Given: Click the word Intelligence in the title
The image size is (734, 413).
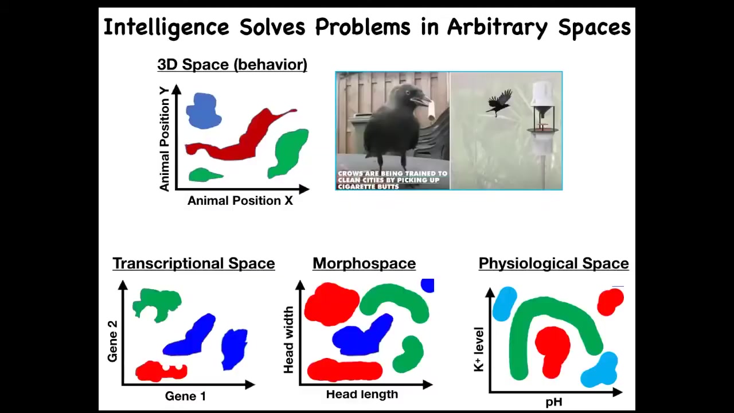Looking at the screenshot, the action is click(x=166, y=28).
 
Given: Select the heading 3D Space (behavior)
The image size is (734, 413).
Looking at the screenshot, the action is click(x=232, y=65).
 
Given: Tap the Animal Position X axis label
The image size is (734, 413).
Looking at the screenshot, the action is click(x=240, y=201).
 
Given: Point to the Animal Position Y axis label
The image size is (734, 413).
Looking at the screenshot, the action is click(x=164, y=139).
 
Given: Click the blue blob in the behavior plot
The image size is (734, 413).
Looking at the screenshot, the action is click(x=203, y=111).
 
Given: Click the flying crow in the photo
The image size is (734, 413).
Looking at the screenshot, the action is click(x=499, y=102).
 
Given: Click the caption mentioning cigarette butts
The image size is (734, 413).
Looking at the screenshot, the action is click(x=393, y=180).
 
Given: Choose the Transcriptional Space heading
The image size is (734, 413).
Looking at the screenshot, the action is click(x=194, y=263).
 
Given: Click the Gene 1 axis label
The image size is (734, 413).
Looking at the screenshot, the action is click(x=185, y=396).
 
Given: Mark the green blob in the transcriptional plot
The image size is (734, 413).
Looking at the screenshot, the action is click(x=157, y=304).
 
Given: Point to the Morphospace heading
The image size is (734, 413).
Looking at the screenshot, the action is click(x=364, y=263).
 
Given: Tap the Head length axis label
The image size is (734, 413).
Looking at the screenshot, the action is click(x=362, y=394).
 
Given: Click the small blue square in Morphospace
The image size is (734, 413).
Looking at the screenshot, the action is click(x=428, y=286).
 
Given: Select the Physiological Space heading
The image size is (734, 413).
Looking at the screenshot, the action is click(x=554, y=263).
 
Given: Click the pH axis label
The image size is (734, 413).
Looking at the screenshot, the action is click(x=554, y=402).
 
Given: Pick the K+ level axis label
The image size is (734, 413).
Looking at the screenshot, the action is click(x=479, y=349).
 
